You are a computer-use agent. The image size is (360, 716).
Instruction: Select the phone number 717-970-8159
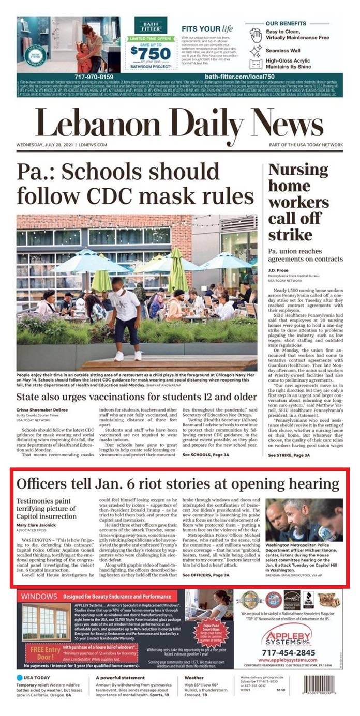[94, 77]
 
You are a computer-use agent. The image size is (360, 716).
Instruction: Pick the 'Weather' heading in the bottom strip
[194, 677]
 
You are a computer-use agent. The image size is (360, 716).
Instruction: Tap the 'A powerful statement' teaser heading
[119, 677]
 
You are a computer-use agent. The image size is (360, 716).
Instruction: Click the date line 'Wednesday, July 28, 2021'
[46, 145]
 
